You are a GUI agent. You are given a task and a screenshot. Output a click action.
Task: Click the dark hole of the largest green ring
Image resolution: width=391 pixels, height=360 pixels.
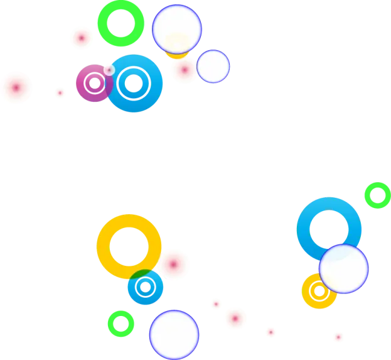(x=121, y=23)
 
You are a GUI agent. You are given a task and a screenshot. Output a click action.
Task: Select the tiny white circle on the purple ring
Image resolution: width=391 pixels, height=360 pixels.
(x=109, y=70)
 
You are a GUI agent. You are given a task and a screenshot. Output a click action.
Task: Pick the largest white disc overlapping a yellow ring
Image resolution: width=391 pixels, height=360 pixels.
(x=176, y=29)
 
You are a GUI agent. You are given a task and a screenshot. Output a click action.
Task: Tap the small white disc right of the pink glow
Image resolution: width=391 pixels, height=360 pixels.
(x=213, y=67)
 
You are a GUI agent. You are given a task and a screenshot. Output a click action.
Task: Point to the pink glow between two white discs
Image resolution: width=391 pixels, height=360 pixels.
(x=185, y=70)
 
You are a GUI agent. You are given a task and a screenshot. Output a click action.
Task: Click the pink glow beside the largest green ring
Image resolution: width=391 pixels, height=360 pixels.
(x=81, y=38)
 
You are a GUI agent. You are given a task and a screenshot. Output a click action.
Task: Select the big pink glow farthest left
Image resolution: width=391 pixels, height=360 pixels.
(x=16, y=88)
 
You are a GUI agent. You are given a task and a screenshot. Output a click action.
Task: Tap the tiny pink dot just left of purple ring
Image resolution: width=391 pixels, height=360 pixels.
(x=60, y=93)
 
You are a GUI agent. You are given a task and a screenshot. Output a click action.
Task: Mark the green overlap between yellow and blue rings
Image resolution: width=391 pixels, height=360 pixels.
(x=143, y=275)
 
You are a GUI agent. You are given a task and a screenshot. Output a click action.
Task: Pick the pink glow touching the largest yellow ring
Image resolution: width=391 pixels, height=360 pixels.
(x=173, y=264)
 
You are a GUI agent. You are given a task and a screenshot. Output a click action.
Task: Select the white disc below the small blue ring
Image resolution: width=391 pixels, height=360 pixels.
(x=174, y=335)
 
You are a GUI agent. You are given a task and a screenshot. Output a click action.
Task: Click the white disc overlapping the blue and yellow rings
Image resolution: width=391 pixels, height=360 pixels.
(x=343, y=269)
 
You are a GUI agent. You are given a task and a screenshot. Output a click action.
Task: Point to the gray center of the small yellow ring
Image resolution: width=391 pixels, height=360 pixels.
(x=319, y=291)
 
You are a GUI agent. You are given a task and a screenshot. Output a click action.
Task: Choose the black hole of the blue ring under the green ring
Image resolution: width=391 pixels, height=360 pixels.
(x=329, y=228)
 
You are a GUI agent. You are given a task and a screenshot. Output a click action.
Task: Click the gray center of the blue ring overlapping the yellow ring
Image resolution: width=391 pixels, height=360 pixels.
(x=146, y=288)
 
